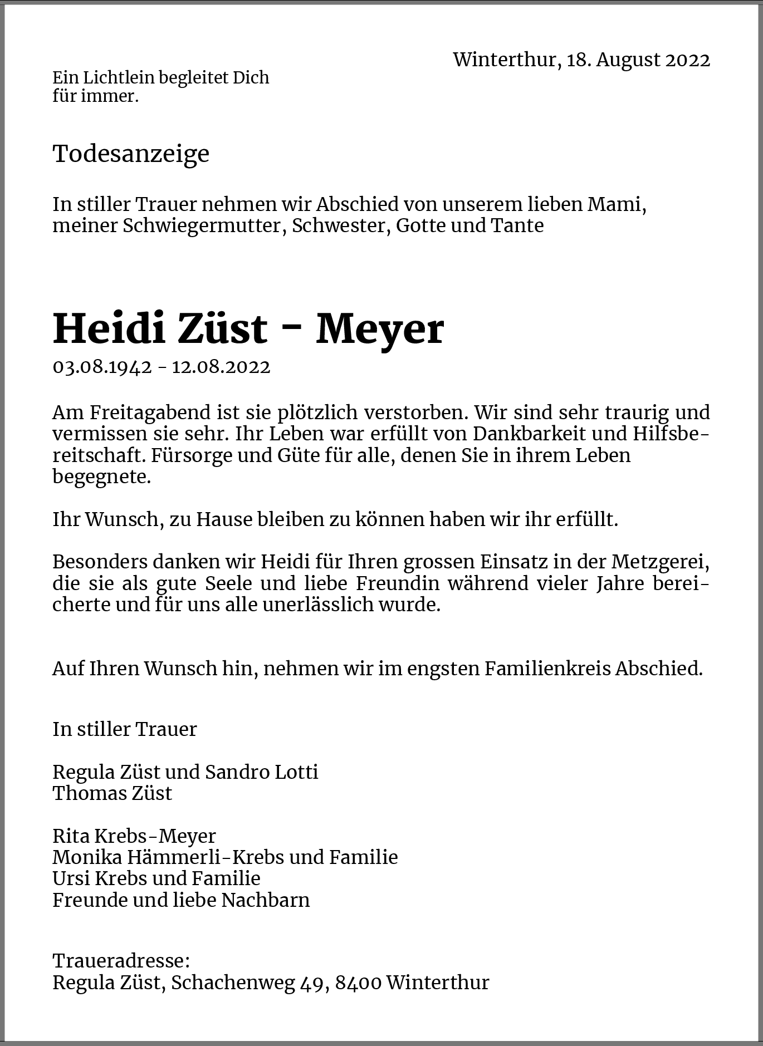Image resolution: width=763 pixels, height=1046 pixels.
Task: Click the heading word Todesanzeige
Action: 131,154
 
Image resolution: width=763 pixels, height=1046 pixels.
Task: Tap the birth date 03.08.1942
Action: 102,367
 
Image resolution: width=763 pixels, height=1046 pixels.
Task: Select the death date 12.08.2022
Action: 221,367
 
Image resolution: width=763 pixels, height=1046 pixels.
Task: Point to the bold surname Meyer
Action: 380,329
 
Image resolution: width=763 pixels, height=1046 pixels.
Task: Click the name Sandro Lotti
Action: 262,772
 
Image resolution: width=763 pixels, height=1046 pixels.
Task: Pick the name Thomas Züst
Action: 113,793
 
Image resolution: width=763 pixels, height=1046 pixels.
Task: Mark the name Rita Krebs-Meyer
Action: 134,836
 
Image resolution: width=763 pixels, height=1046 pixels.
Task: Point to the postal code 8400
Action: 358,983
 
